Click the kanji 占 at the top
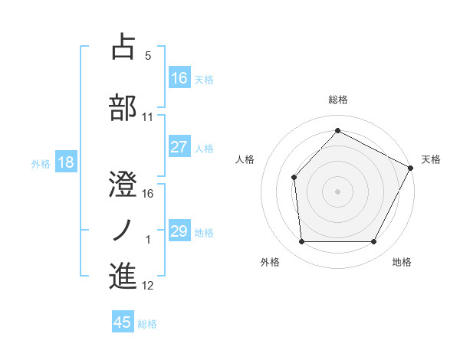click(123, 47)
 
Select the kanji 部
click(123, 107)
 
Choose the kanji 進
click(123, 276)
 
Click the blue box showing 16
click(179, 78)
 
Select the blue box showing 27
click(179, 147)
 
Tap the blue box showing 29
click(179, 231)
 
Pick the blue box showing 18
click(65, 162)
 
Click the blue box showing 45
click(123, 322)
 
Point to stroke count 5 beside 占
click(148, 56)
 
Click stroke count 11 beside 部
click(148, 117)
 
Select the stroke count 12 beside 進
click(148, 286)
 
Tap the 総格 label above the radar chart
click(338, 100)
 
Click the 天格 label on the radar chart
click(431, 159)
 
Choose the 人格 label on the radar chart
click(245, 159)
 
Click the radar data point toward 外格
click(301, 242)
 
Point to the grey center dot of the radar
click(337, 191)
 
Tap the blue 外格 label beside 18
click(40, 163)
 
